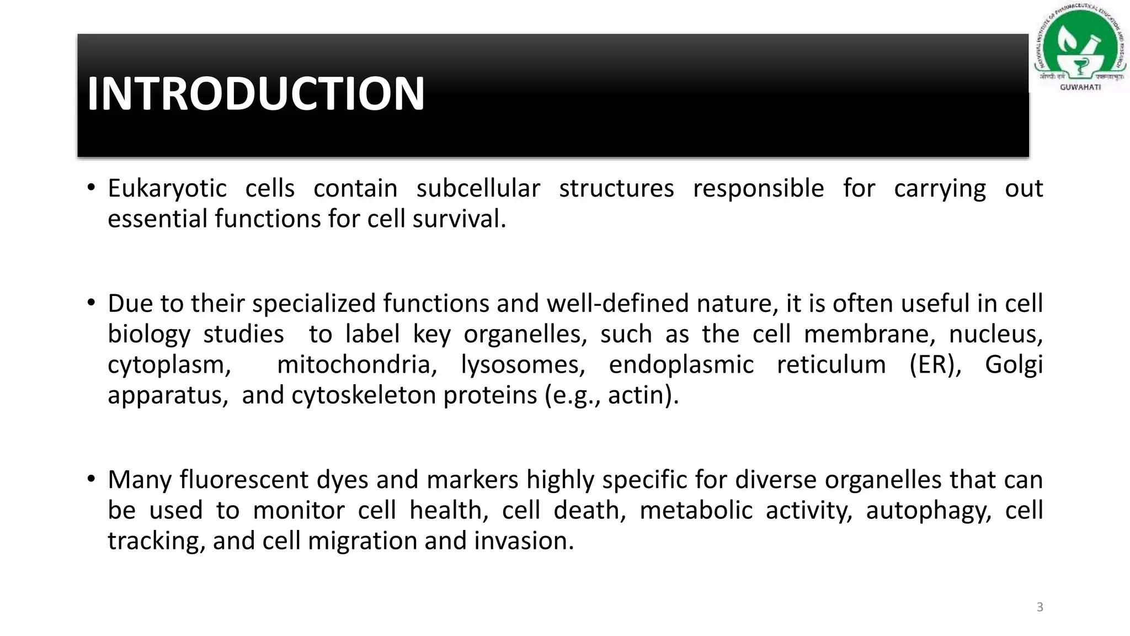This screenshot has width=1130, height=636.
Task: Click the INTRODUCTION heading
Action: (x=256, y=94)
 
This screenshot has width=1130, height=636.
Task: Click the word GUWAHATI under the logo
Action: (x=1080, y=87)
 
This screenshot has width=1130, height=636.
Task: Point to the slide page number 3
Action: (x=1040, y=607)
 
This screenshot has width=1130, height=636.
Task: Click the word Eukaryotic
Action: (x=167, y=189)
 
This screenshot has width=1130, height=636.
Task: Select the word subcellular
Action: (x=478, y=189)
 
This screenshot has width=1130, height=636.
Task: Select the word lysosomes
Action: (x=523, y=365)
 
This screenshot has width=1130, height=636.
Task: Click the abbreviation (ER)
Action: (x=935, y=365)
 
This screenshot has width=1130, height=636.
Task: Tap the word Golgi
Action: (x=1014, y=365)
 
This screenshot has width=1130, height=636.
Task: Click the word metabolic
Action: (x=696, y=510)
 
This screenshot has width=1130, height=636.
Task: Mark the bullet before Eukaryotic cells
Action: (x=91, y=188)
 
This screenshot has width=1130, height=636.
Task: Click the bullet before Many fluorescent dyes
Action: (x=91, y=479)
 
